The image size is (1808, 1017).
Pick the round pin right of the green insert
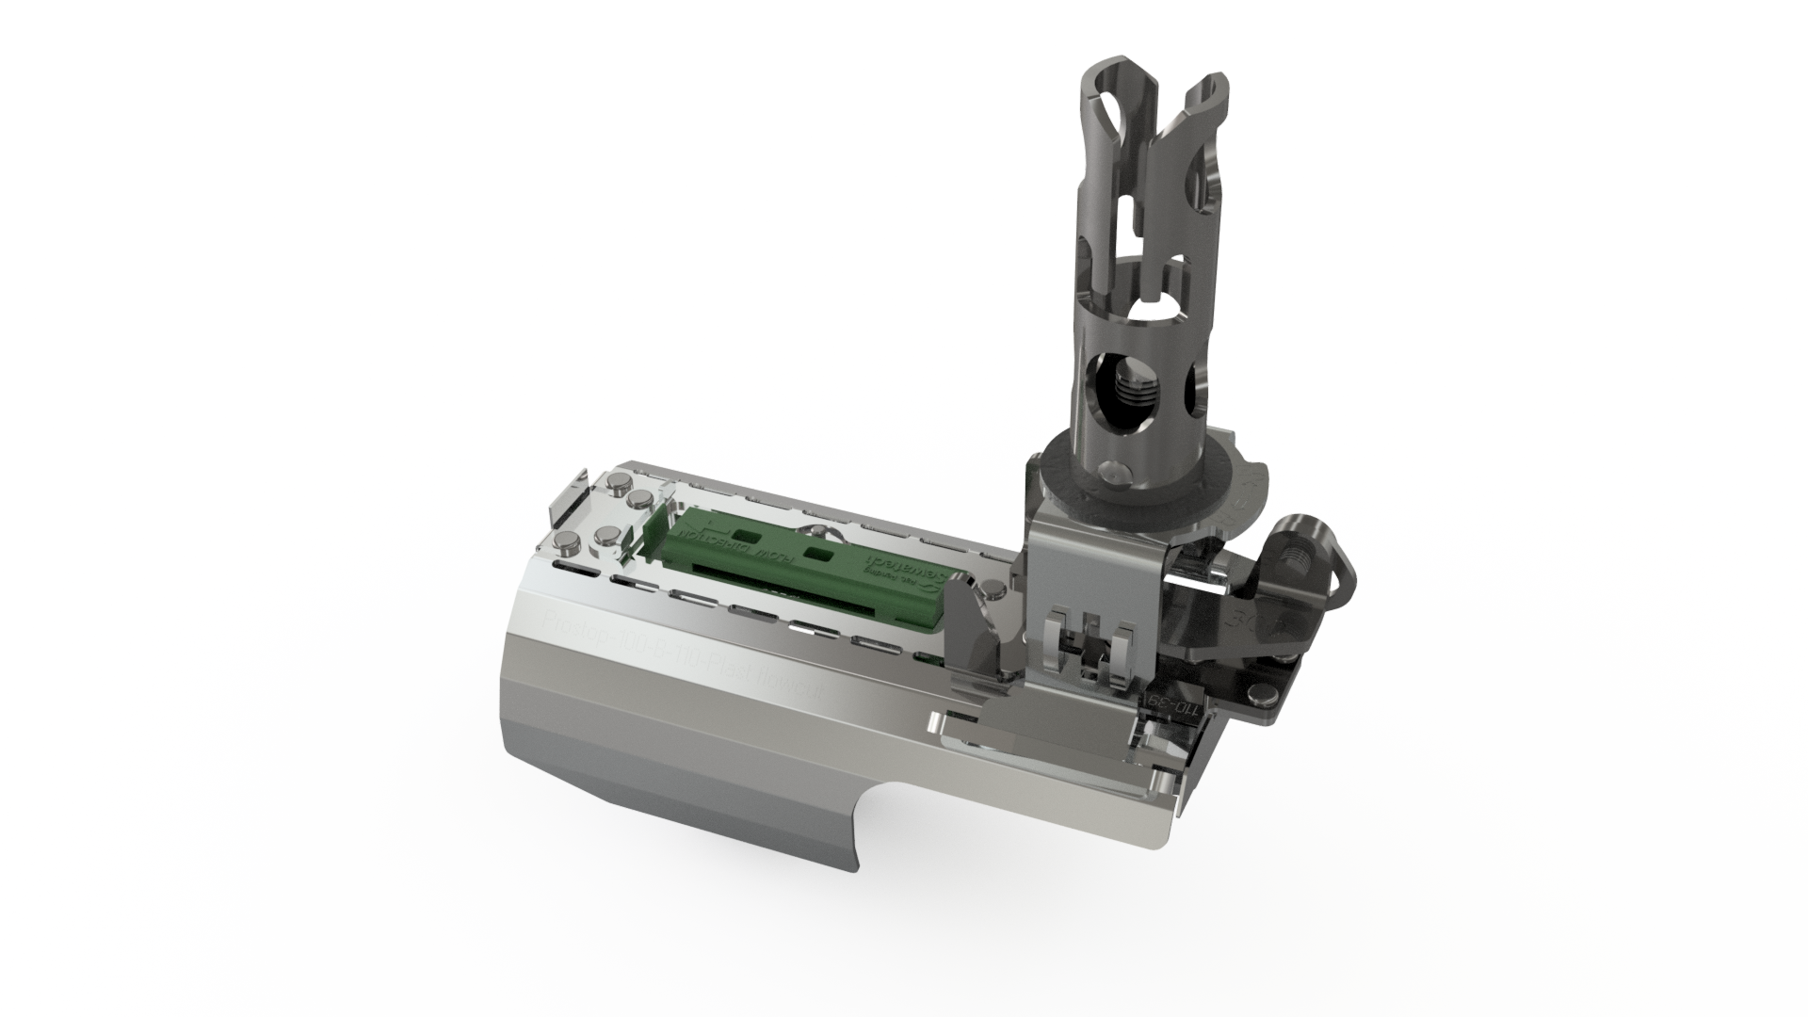tap(990, 591)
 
